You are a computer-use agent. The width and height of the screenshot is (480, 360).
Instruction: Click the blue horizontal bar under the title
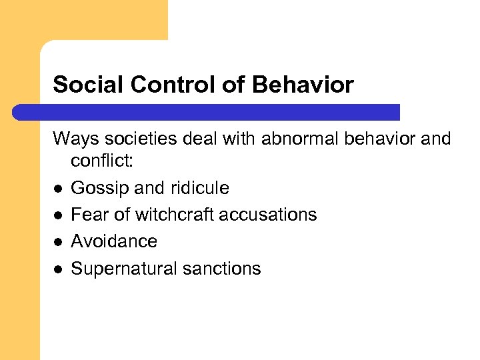click(x=207, y=112)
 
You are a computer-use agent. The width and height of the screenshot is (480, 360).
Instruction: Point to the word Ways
click(x=73, y=139)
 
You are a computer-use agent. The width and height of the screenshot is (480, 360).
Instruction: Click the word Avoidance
click(x=114, y=241)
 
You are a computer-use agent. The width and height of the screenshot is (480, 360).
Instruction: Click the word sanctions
click(x=225, y=269)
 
